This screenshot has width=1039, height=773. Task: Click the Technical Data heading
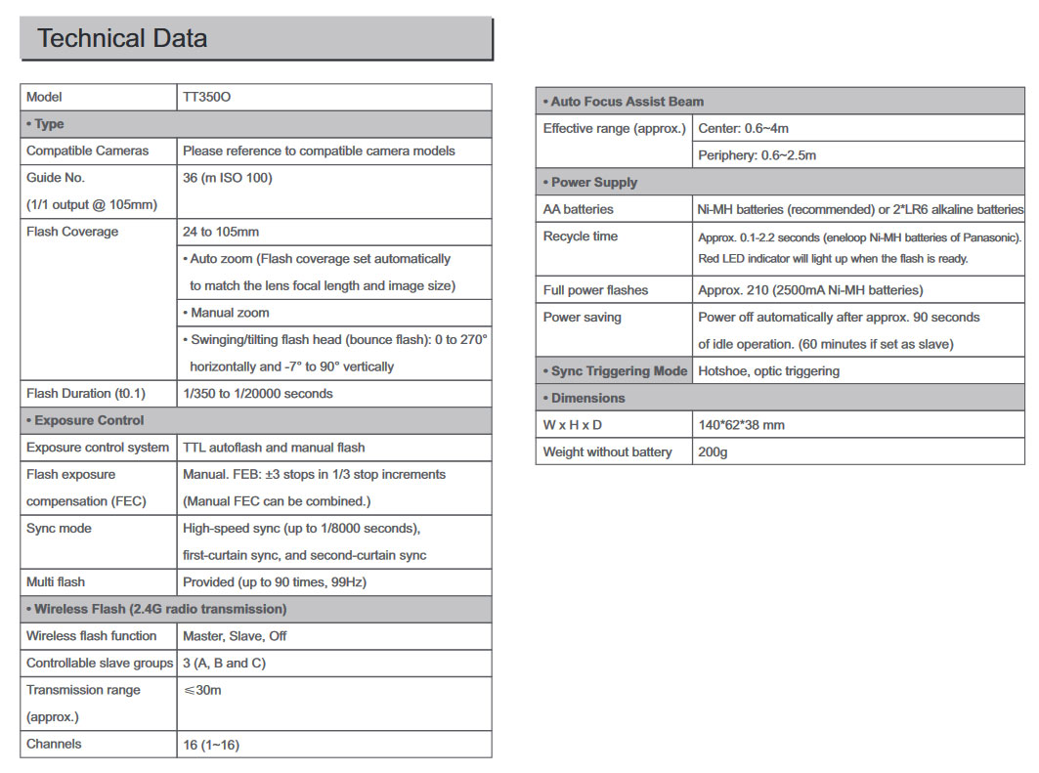(x=122, y=39)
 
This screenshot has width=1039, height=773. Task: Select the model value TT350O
(x=206, y=97)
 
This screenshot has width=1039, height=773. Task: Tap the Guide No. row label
(x=56, y=178)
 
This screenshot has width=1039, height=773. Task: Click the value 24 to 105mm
(x=221, y=232)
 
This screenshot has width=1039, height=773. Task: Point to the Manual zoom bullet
(x=226, y=313)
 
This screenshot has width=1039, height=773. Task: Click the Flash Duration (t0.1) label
(x=86, y=394)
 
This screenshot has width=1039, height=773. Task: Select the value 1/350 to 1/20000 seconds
(x=258, y=394)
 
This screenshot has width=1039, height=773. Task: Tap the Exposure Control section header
(x=85, y=420)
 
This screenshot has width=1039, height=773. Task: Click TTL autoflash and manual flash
(x=274, y=448)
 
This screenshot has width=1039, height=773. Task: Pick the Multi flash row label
(x=56, y=582)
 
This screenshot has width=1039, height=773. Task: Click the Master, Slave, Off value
(x=235, y=636)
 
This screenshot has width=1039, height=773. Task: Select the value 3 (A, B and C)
(x=224, y=664)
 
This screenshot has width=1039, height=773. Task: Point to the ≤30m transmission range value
(x=202, y=691)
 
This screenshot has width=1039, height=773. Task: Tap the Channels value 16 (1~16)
(x=211, y=745)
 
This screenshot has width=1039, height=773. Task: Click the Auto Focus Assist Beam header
(x=623, y=102)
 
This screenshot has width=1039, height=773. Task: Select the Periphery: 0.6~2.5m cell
(x=757, y=155)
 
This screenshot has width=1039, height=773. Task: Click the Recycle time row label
(x=581, y=236)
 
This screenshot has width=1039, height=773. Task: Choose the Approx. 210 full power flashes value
(x=810, y=290)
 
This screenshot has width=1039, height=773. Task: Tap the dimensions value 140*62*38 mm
(x=741, y=425)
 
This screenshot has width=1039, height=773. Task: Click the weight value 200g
(x=713, y=451)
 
